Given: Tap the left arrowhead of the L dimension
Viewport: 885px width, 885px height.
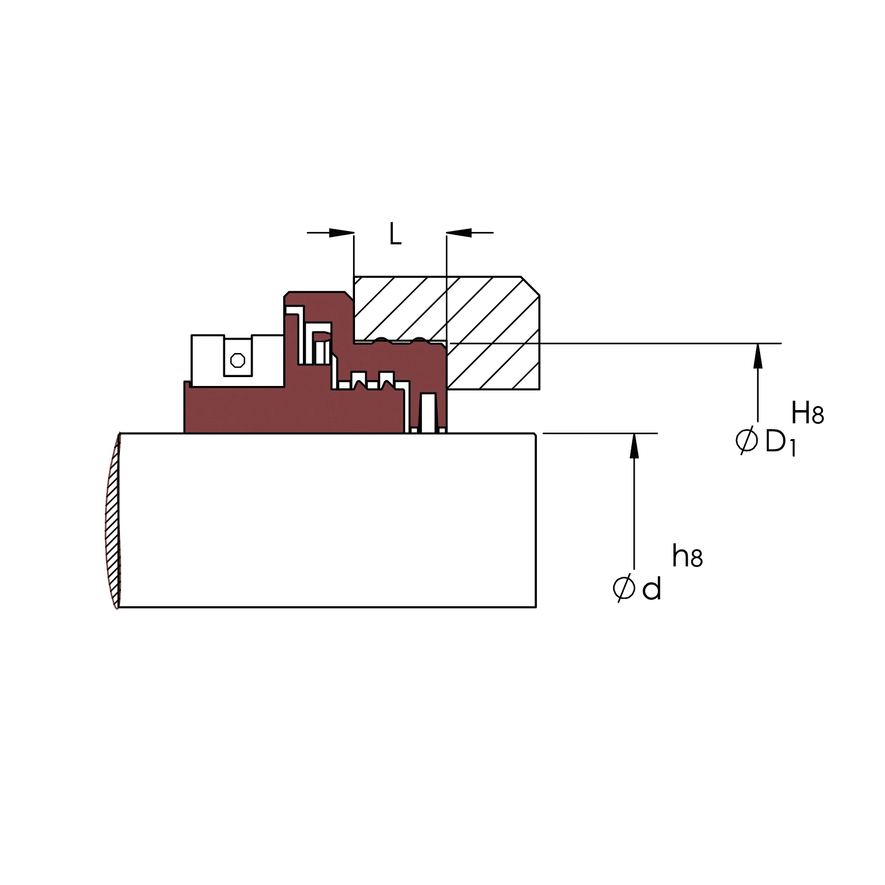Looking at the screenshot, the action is pyautogui.click(x=342, y=233).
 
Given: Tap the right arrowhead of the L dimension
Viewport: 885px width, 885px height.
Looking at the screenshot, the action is pyautogui.click(x=459, y=233).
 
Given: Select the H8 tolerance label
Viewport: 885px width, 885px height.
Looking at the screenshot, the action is pyautogui.click(x=807, y=413).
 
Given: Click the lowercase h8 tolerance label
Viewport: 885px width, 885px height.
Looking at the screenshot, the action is pyautogui.click(x=687, y=557).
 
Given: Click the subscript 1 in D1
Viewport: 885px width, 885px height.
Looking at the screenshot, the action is pyautogui.click(x=792, y=449).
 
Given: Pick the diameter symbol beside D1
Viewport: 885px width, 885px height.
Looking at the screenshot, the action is pyautogui.click(x=746, y=441).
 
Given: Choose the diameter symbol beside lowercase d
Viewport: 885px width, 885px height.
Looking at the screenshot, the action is pyautogui.click(x=624, y=588).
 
